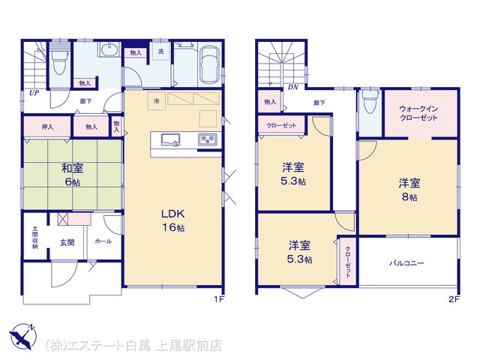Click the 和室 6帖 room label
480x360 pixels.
72,175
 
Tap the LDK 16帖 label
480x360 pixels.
173,220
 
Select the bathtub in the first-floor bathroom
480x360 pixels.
209,64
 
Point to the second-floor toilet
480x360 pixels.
370,101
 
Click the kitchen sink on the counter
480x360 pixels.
170,139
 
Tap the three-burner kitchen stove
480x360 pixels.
208,139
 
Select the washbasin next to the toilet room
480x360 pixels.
109,49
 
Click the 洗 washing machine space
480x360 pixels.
161,51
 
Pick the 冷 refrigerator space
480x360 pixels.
157,100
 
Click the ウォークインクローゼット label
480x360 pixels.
418,113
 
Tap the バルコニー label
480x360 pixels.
406,263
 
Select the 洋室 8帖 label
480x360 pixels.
409,190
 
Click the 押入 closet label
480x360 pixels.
47,127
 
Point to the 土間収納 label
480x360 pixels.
35,237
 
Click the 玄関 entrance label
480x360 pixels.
67,242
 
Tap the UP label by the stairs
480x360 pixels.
34,93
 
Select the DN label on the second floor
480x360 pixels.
293,87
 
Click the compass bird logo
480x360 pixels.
22,336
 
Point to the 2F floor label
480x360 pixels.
454,299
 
